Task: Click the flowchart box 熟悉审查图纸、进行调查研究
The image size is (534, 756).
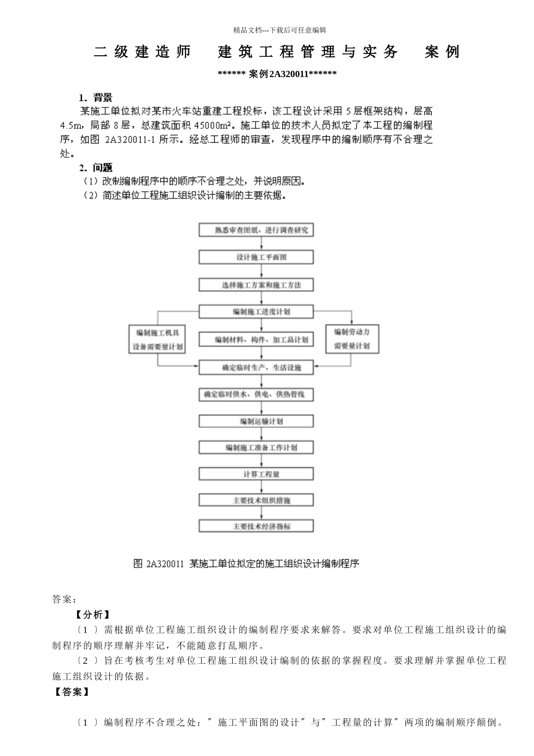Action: point(256,230)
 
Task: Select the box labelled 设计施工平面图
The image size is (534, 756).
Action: point(256,257)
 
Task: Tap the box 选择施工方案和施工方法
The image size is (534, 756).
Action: point(256,285)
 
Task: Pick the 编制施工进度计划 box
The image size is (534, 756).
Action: point(256,312)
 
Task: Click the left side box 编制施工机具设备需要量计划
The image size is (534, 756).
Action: point(157,340)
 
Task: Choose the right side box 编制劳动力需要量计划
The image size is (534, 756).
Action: point(352,339)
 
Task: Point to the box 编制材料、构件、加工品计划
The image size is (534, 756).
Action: point(262,339)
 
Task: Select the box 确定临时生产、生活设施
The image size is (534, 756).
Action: point(256,367)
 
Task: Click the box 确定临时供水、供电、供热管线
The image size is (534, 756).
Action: point(256,394)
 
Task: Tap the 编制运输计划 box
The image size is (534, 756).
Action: point(256,421)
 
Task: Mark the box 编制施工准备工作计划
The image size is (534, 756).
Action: point(256,448)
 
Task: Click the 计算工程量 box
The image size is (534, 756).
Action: point(256,474)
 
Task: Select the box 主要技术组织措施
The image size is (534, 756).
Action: point(256,500)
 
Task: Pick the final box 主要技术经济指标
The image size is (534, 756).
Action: point(256,526)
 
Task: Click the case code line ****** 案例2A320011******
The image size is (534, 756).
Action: point(277,74)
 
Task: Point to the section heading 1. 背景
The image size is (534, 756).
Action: point(96,98)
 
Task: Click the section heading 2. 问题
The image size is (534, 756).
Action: point(96,168)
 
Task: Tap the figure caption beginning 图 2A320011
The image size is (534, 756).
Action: point(246,563)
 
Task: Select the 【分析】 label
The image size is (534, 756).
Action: point(93,615)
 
